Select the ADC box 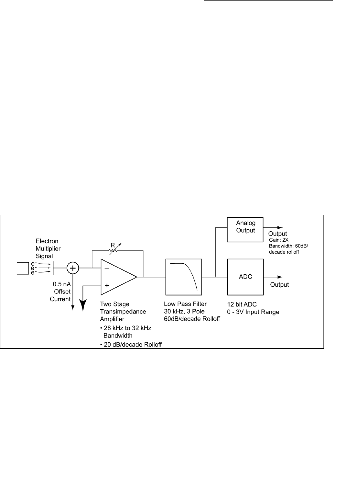click(246, 277)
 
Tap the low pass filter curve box click(184, 277)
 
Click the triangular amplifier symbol click(117, 277)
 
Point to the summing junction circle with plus click(73, 268)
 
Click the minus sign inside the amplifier click(107, 269)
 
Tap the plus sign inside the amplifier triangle click(107, 285)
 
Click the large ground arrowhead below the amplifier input click(83, 304)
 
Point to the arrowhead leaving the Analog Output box click(280, 227)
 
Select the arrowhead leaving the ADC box click(280, 277)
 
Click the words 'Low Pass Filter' click(185, 304)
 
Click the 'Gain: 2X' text click(279, 240)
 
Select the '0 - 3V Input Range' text click(253, 312)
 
